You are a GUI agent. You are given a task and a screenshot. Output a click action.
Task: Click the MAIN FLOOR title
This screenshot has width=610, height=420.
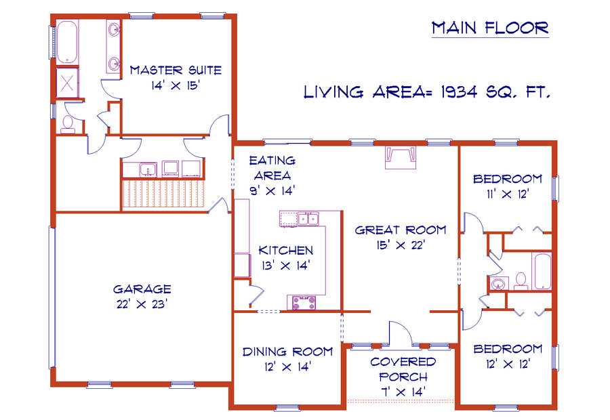click(490, 28)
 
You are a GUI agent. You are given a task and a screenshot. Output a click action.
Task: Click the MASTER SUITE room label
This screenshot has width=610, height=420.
click(176, 70)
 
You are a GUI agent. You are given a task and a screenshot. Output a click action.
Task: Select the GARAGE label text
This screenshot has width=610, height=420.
click(142, 289)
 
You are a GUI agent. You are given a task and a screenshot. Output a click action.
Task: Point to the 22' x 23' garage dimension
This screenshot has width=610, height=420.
click(142, 303)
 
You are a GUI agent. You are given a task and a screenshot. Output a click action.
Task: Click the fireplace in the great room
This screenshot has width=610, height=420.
click(401, 157)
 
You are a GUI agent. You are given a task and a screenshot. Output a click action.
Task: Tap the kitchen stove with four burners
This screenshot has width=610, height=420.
click(301, 303)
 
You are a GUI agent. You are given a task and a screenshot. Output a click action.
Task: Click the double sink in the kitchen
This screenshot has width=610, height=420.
click(308, 219)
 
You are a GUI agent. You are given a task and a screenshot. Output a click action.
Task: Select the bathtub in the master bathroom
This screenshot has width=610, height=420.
click(67, 42)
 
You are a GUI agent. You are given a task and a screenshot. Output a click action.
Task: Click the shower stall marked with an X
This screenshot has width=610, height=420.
click(67, 83)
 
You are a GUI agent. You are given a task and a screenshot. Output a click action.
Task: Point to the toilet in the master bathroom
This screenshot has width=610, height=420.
click(68, 125)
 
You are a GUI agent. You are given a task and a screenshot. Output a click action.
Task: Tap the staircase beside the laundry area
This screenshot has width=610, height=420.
click(163, 193)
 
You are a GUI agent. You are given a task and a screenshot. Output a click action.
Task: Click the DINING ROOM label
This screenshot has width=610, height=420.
click(287, 352)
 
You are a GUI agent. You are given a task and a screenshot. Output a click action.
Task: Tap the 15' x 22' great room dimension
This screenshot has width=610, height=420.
click(401, 245)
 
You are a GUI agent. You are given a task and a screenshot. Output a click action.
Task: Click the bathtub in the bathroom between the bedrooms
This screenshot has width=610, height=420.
click(541, 271)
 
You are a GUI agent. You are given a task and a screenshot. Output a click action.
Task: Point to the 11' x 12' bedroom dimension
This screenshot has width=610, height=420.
click(507, 194)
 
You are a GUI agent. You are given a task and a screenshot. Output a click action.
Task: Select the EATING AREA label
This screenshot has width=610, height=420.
click(272, 168)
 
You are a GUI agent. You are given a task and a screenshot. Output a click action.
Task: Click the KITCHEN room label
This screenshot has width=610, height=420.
click(286, 250)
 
